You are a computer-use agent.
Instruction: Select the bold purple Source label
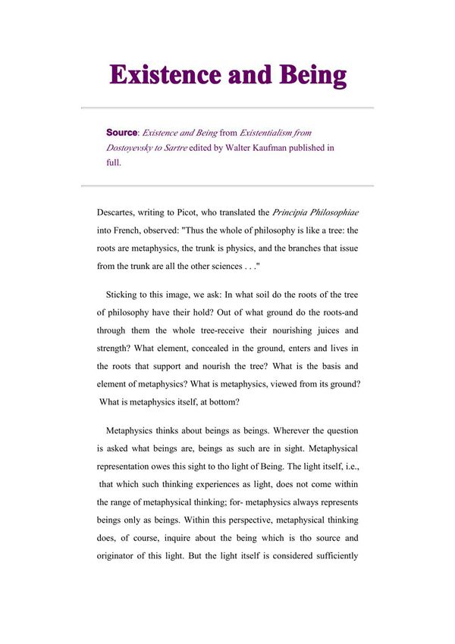pos(122,133)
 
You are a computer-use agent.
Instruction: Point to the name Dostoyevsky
pos(133,148)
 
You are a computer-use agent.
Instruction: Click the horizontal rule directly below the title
pos(227,108)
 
